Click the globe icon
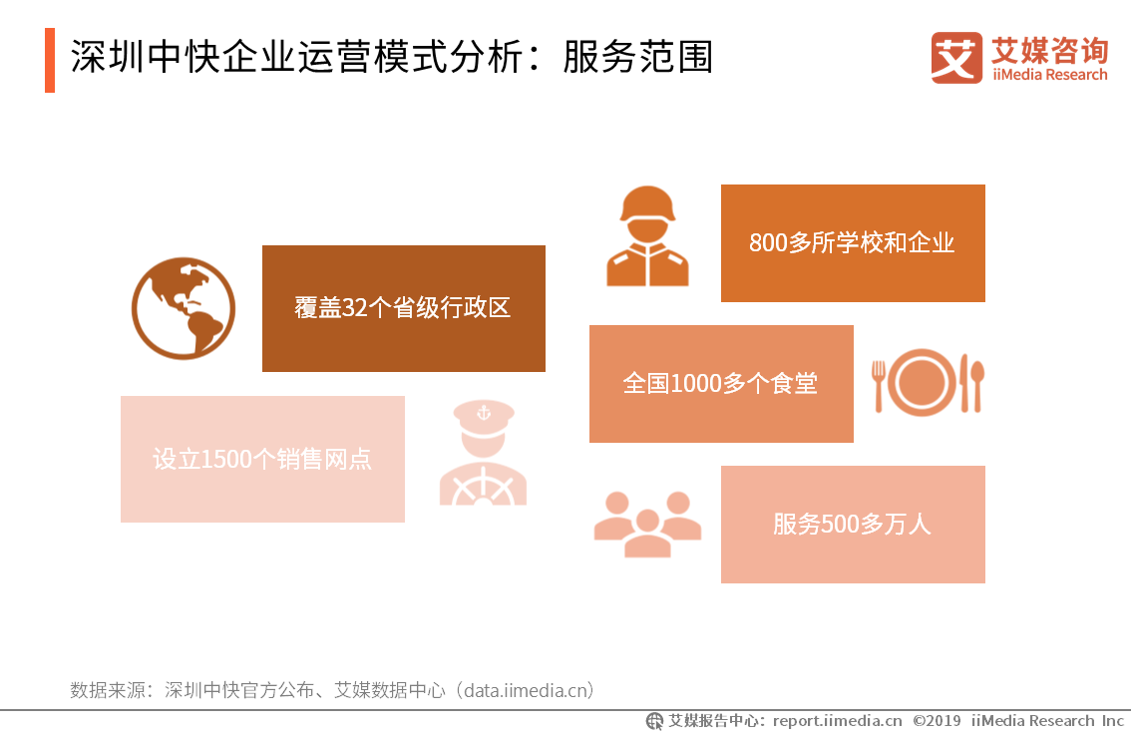click(184, 308)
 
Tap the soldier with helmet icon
click(647, 236)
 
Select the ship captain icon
click(484, 453)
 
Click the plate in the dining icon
click(923, 382)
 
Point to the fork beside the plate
click(879, 386)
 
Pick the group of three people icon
click(647, 525)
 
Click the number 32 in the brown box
click(354, 308)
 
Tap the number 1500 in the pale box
click(226, 460)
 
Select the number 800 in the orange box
click(768, 243)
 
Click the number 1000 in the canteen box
click(696, 384)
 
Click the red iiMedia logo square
click(956, 58)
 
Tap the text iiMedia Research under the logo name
click(1049, 75)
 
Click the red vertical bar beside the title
click(50, 60)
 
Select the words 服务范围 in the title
click(638, 58)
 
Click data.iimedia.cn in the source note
click(529, 690)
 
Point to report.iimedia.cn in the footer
click(838, 721)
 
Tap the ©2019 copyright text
click(937, 721)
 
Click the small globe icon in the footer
click(654, 721)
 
